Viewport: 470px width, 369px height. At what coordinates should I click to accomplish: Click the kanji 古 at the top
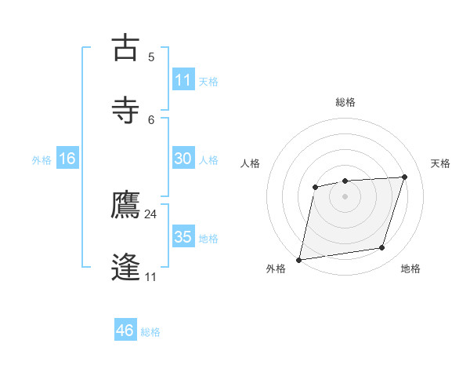click(x=126, y=49)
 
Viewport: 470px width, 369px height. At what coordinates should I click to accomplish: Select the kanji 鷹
click(x=126, y=206)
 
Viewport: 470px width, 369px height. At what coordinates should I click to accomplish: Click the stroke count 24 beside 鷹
click(x=151, y=214)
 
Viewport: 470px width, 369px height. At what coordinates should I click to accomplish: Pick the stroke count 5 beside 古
click(x=151, y=57)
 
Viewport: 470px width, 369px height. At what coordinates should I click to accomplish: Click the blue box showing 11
click(x=183, y=81)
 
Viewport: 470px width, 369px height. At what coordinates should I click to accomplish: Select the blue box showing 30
click(x=183, y=159)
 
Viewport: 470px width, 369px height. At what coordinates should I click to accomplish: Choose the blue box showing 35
click(x=183, y=237)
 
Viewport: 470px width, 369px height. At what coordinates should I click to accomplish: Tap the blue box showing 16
click(x=67, y=159)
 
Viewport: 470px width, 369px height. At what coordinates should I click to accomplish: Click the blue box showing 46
click(x=125, y=331)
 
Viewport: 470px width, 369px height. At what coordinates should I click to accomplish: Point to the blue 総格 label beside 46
click(x=150, y=332)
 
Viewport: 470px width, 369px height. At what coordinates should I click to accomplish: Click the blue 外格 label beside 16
click(x=42, y=160)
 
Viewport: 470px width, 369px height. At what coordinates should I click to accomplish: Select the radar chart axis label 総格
click(x=345, y=102)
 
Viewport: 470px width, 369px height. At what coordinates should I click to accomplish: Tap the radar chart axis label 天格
click(x=441, y=163)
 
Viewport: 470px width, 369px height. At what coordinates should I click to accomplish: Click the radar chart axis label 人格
click(x=251, y=163)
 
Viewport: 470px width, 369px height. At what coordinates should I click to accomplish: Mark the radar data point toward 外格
click(x=298, y=259)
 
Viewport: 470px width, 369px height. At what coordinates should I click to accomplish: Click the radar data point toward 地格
click(x=382, y=248)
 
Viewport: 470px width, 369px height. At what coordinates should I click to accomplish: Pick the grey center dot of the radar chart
click(x=345, y=195)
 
